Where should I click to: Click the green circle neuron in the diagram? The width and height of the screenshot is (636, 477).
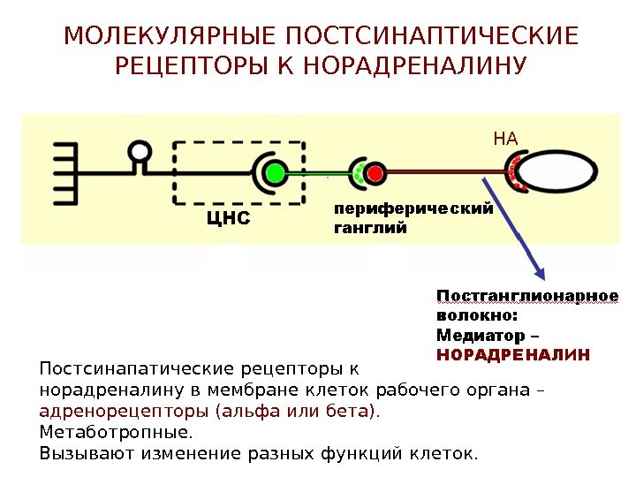pyautogui.click(x=275, y=171)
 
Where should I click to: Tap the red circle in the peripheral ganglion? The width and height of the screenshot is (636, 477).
pyautogui.click(x=375, y=171)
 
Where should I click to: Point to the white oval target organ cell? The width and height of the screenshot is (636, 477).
pyautogui.click(x=561, y=171)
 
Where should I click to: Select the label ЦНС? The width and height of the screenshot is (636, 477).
pyautogui.click(x=228, y=217)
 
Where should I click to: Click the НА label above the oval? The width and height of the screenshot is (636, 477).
pyautogui.click(x=505, y=138)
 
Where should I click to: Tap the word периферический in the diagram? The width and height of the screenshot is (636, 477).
pyautogui.click(x=412, y=208)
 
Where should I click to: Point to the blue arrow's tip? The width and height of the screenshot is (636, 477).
pyautogui.click(x=541, y=276)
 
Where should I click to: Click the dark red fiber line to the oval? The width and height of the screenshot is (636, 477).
pyautogui.click(x=442, y=171)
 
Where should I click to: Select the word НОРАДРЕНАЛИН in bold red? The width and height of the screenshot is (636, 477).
pyautogui.click(x=513, y=354)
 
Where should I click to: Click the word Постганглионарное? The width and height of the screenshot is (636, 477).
pyautogui.click(x=527, y=295)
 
